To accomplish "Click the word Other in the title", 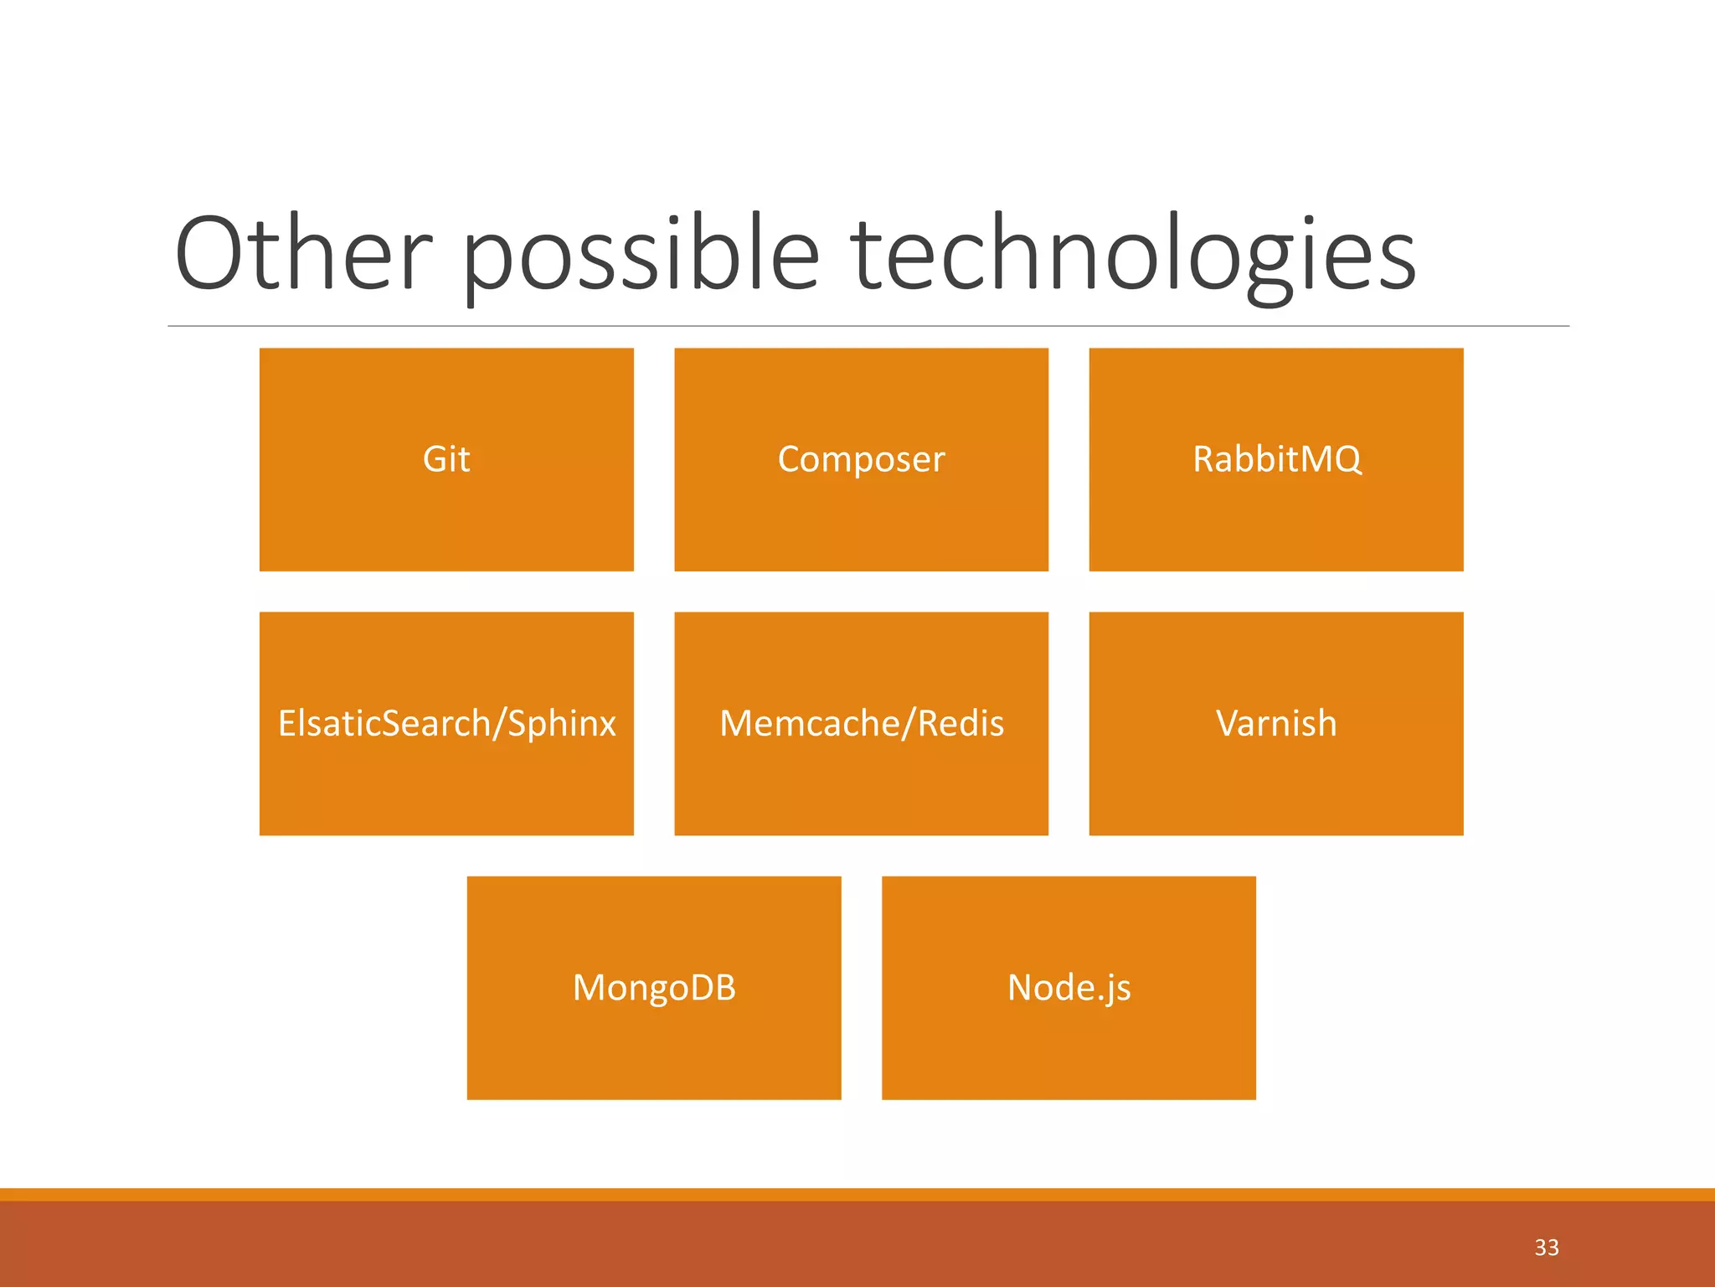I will coord(303,254).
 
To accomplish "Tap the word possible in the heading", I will coord(640,254).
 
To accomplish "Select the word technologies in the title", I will coord(1133,254).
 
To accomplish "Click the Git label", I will coord(446,459).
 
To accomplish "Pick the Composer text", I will coord(861,459).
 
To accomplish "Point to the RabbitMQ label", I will coord(1276,459).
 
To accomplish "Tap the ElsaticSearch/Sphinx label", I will coord(446,723).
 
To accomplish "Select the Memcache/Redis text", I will coord(861,723).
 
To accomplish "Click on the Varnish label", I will coord(1276,723).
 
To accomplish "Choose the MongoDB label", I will coord(654,988).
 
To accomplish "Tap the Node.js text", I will coord(1069,988).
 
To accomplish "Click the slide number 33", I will coord(1546,1248).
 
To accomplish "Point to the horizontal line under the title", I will coord(868,326).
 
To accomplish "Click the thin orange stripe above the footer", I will coord(857,1194).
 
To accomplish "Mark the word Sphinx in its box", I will coord(562,723).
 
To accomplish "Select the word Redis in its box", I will coord(961,723).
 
